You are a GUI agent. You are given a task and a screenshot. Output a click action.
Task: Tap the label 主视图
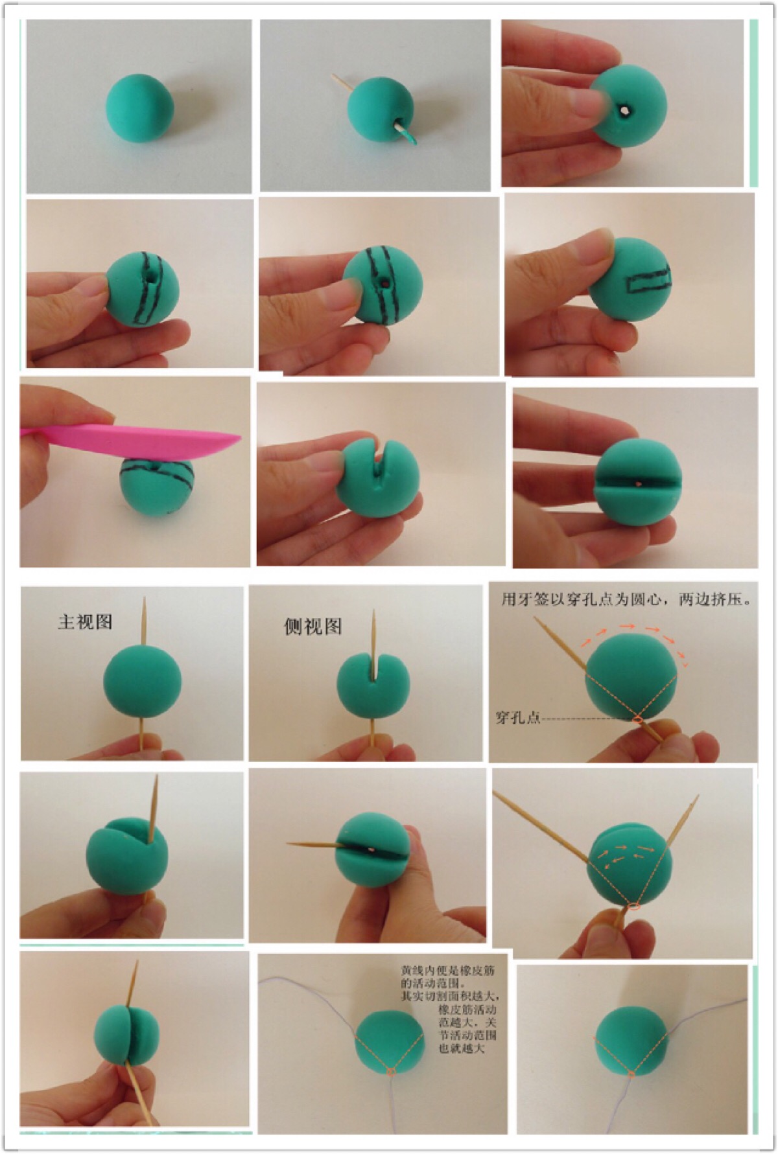pyautogui.click(x=85, y=622)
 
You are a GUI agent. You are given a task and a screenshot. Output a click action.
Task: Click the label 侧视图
pyautogui.click(x=312, y=627)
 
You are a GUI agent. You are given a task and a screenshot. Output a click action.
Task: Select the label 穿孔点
pyautogui.click(x=517, y=718)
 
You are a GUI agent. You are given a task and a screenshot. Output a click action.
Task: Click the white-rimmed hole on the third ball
pyautogui.click(x=624, y=111)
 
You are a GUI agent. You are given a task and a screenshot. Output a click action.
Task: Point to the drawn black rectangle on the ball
pyautogui.click(x=649, y=281)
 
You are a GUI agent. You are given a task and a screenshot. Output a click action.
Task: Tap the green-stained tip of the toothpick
pyautogui.click(x=410, y=135)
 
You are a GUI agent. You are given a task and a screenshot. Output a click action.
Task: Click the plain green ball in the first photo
pyautogui.click(x=140, y=108)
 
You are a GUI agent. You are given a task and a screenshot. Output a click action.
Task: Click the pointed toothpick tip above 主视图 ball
pyautogui.click(x=144, y=599)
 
